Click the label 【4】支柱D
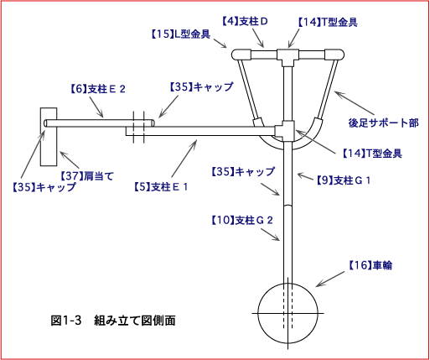[245, 22]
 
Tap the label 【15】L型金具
[180, 34]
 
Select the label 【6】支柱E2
[97, 89]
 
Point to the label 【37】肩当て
[87, 176]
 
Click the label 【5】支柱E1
[161, 187]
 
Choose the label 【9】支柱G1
[344, 180]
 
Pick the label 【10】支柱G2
[242, 221]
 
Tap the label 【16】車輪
[370, 265]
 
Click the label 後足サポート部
[383, 123]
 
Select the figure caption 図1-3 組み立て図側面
[113, 321]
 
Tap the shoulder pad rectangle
[49, 137]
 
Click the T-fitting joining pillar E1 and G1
[285, 131]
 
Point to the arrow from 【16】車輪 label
[330, 279]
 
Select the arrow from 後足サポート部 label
[354, 103]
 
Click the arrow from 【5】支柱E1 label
[184, 159]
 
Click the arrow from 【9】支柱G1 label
[306, 176]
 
